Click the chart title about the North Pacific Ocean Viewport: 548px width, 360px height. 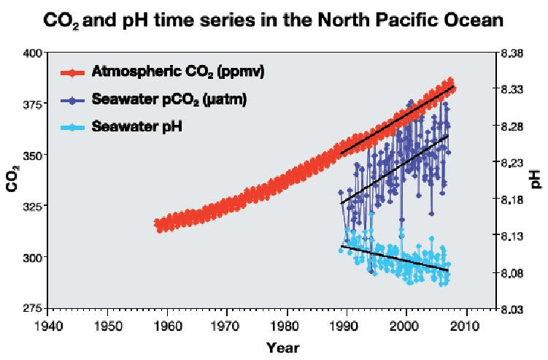point(274,20)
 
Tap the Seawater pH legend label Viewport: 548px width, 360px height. point(136,126)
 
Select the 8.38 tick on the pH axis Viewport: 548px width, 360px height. point(514,53)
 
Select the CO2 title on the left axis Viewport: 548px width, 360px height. point(12,180)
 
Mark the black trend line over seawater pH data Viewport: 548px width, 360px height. point(394,258)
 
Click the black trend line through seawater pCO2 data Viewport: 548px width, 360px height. point(394,169)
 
